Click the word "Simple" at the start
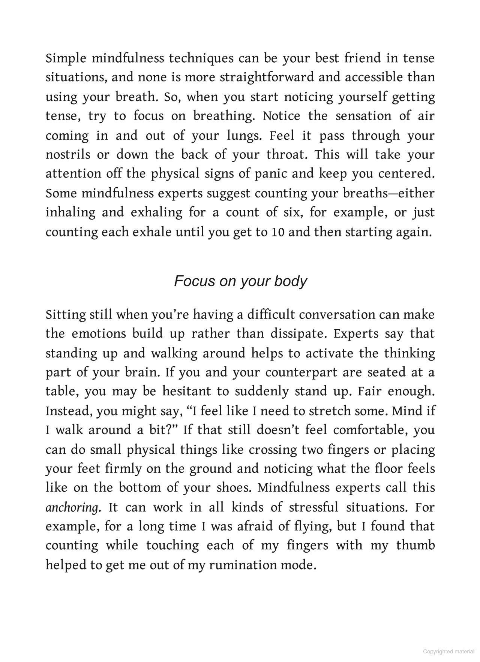click(x=66, y=59)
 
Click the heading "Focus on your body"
click(x=240, y=281)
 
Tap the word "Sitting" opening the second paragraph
click(x=66, y=315)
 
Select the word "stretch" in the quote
click(x=330, y=411)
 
